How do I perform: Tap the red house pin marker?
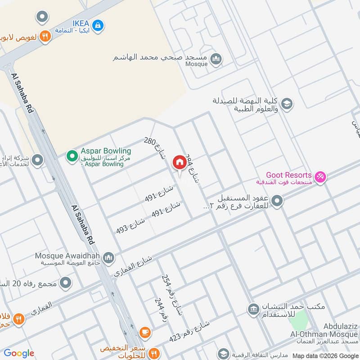pos(180,162)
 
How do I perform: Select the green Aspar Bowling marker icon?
pos(72,156)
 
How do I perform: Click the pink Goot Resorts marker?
pos(320,177)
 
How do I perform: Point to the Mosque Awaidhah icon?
pos(108,258)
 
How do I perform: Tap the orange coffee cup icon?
pos(145,333)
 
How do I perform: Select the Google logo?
pos(19,353)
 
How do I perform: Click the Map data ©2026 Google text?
pos(325,355)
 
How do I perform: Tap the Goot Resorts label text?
pos(288,175)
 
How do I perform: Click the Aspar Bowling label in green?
pos(106,151)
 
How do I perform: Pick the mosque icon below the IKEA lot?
pos(216,59)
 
